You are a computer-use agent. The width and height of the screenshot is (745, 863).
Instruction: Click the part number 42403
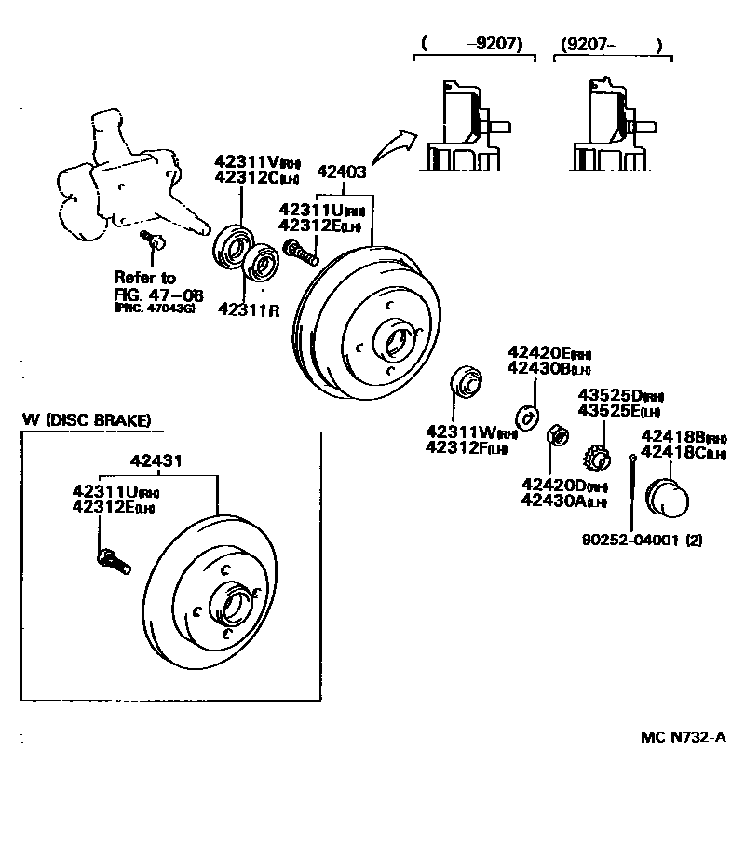coord(342,171)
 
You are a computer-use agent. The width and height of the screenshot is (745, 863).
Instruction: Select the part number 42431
coord(156,460)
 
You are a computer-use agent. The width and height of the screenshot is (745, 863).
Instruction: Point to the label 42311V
coord(240,161)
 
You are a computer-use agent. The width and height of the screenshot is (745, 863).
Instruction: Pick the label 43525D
coord(603,395)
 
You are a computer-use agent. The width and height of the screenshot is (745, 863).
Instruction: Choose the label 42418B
coord(670,438)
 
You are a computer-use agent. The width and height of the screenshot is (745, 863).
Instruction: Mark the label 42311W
coord(455,432)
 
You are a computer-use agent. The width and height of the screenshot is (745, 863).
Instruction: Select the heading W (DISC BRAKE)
coord(87,420)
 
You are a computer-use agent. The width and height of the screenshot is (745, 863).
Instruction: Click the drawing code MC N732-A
coord(683,736)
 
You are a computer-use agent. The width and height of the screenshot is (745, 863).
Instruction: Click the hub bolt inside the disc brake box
coord(113,562)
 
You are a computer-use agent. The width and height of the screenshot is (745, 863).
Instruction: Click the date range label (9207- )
coord(612,44)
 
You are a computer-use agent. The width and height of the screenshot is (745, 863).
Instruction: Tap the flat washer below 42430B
coord(528,416)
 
